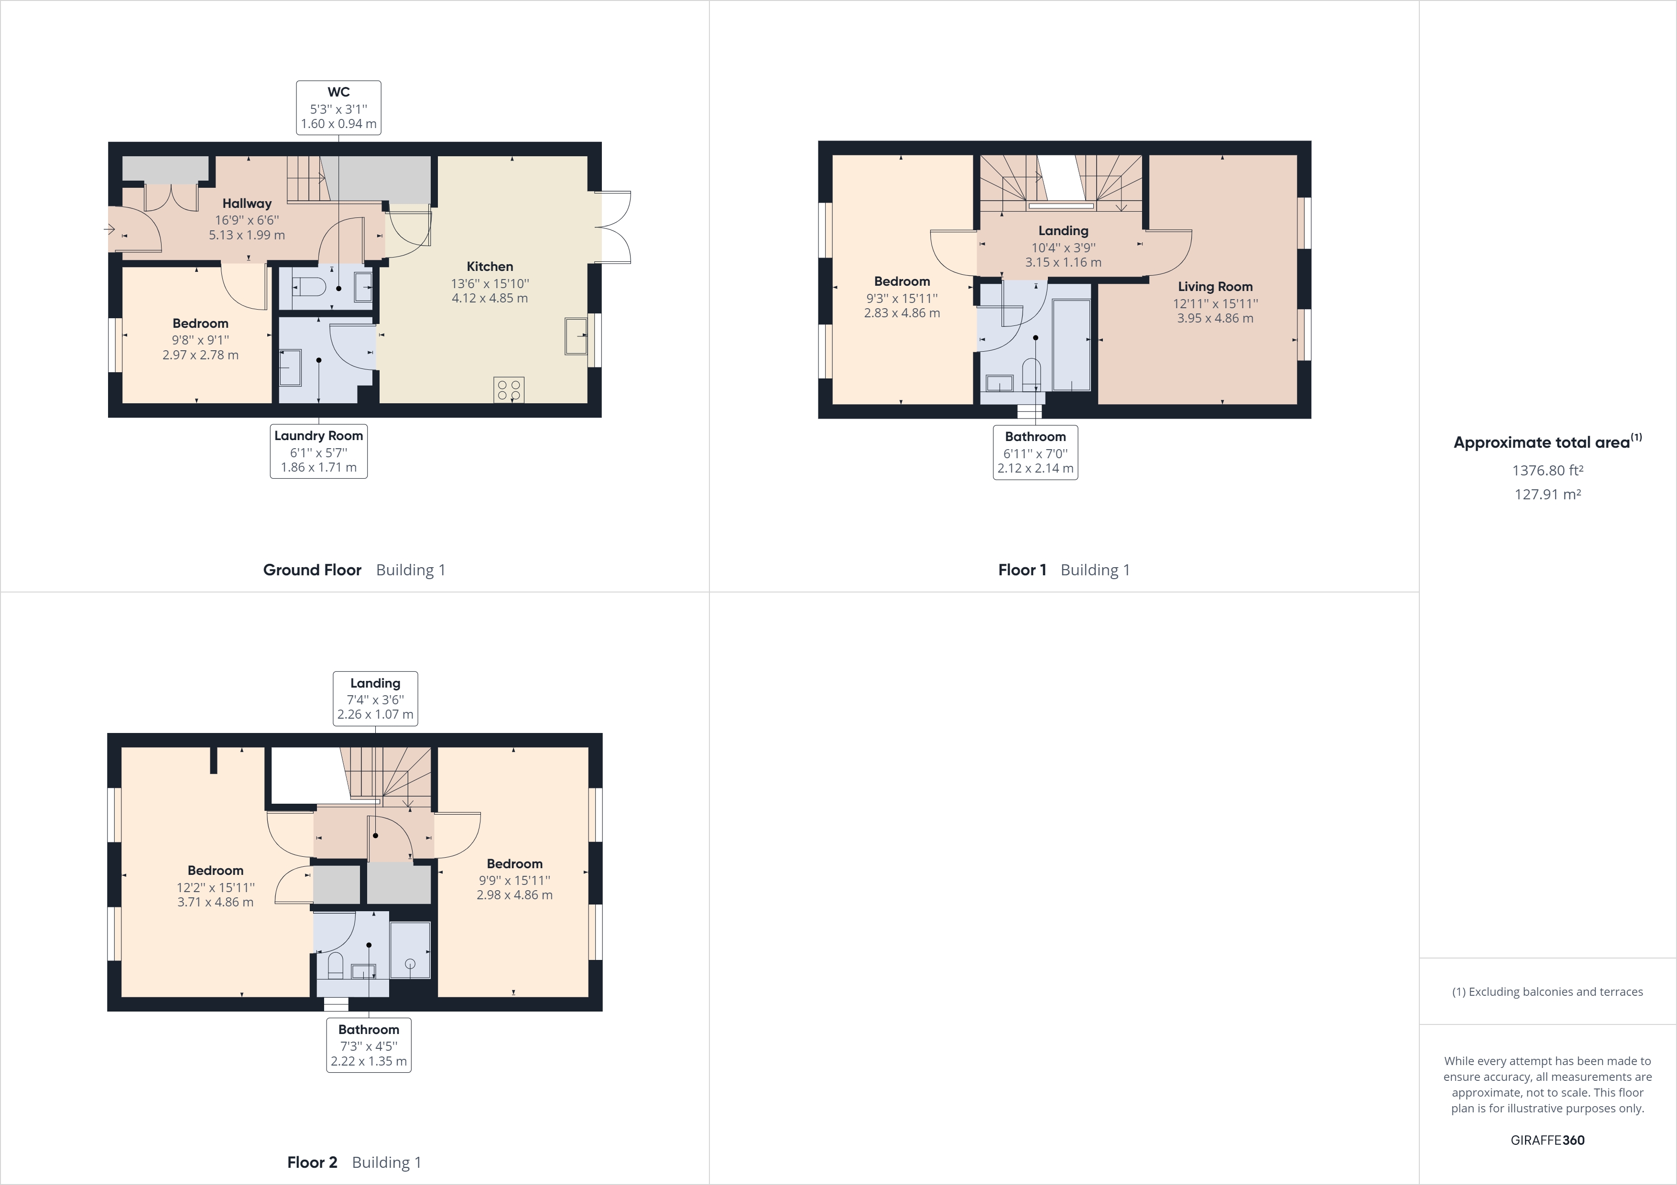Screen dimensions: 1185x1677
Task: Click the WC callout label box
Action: [338, 108]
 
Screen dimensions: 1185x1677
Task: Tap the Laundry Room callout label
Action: [318, 451]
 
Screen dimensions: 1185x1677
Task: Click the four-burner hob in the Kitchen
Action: [508, 389]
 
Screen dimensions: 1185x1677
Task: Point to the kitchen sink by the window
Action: [576, 336]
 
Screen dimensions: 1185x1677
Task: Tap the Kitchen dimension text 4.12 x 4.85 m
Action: [490, 298]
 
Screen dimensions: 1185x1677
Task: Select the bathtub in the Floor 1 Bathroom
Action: [1071, 345]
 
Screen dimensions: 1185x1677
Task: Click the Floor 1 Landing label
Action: [1063, 231]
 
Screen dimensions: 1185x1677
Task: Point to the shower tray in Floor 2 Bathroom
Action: [410, 950]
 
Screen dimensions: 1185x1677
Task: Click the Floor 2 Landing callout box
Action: [375, 699]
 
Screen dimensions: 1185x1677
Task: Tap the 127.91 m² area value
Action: [1547, 494]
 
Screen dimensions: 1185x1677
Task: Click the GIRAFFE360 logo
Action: [1547, 1140]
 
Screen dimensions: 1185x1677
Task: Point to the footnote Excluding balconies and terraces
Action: [1547, 991]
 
